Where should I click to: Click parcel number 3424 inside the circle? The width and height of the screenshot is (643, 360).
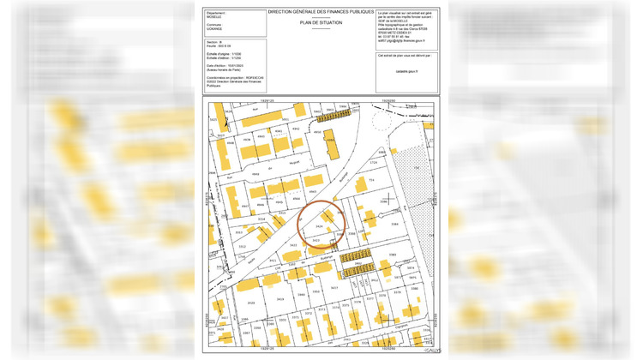click(x=319, y=226)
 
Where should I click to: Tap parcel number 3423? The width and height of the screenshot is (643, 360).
click(x=316, y=240)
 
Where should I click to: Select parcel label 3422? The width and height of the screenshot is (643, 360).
click(x=292, y=246)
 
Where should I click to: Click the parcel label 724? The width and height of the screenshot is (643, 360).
click(x=371, y=181)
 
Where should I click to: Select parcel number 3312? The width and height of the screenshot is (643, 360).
click(x=242, y=247)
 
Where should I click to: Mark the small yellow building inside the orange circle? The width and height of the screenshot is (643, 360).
click(x=330, y=215)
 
